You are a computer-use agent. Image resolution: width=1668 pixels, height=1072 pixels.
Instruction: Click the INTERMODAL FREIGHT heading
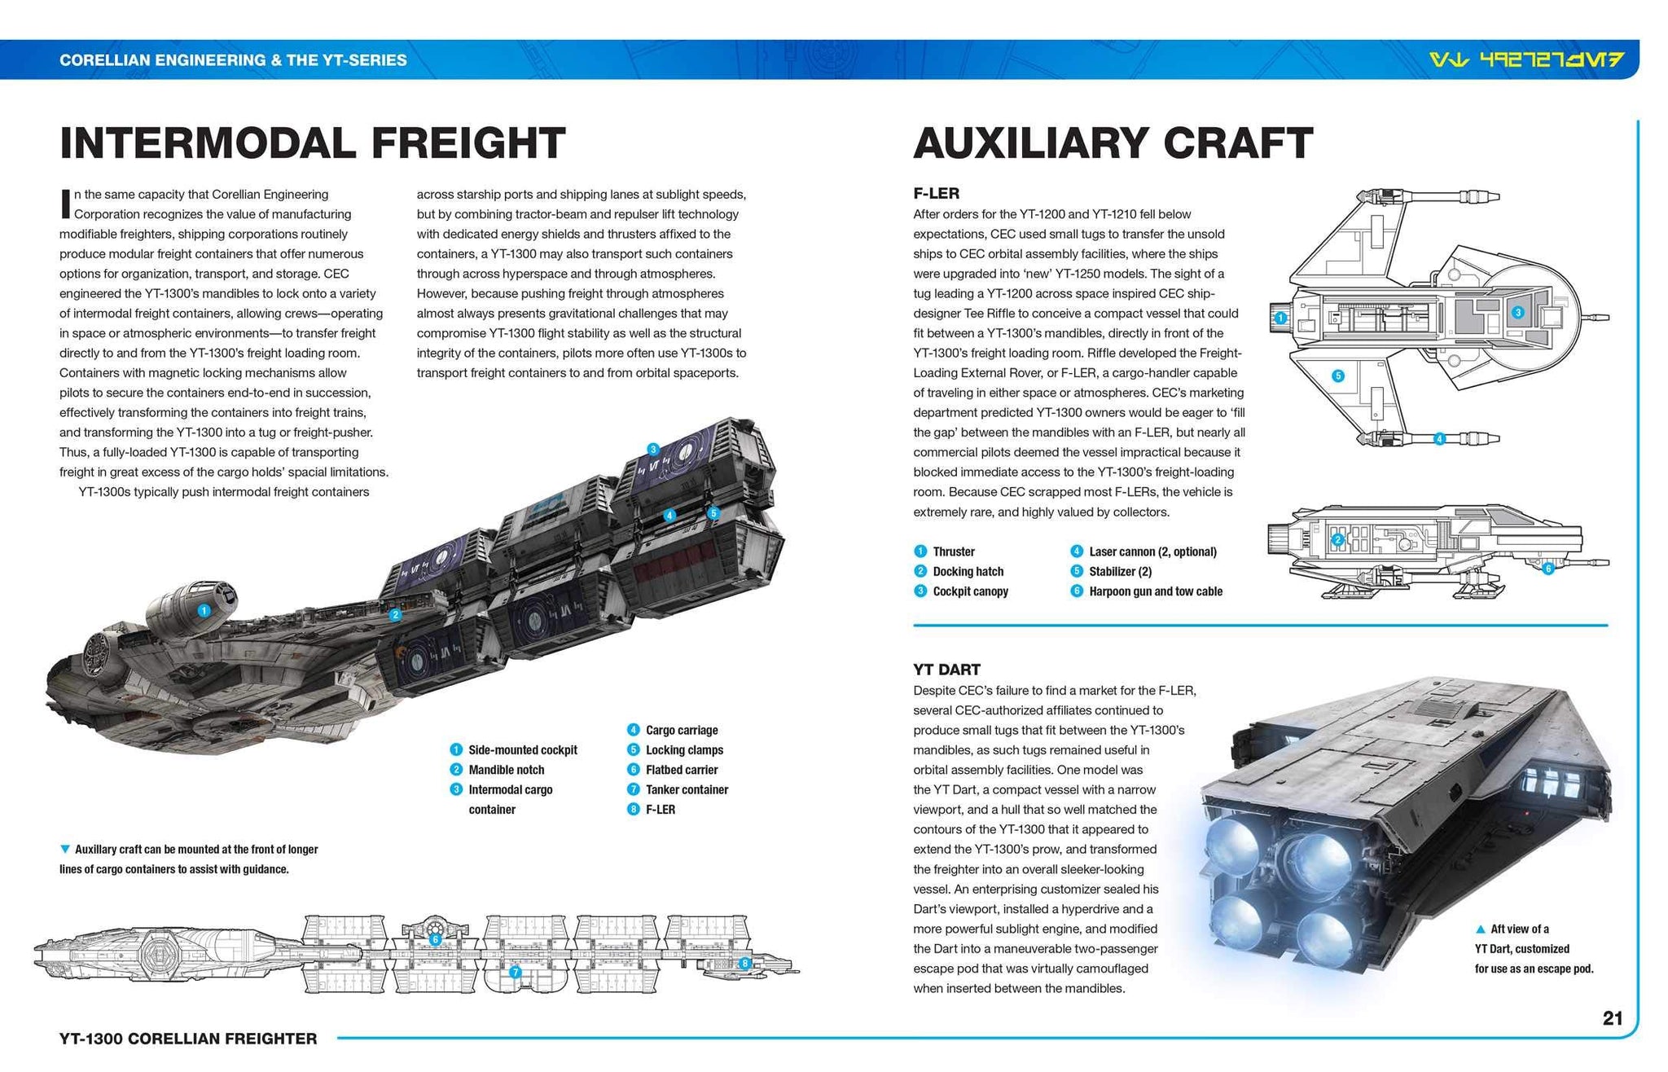[312, 143]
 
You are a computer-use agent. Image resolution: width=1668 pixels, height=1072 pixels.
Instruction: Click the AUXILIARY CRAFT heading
[1113, 143]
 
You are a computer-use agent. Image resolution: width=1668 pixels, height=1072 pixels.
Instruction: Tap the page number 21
[1613, 1018]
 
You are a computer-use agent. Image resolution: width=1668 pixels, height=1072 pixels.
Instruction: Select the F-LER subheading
[936, 194]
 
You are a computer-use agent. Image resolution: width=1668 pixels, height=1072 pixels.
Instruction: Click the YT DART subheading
[946, 670]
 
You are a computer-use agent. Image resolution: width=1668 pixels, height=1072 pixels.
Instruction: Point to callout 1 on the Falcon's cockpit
[204, 610]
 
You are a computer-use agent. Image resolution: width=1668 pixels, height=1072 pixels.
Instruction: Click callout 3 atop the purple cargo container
[652, 449]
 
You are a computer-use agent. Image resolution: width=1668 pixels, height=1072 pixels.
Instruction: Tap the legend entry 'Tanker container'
[686, 789]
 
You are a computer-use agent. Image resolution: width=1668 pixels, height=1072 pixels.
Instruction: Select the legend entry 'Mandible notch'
[505, 770]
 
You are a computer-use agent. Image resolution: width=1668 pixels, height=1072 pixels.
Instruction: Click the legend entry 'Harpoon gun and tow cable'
[1155, 591]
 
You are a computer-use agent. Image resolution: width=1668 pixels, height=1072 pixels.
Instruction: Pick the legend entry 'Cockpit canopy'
[969, 591]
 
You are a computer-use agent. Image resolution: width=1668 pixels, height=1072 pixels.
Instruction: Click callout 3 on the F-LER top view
[1517, 312]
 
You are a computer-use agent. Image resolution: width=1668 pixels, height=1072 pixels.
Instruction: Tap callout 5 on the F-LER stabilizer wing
[1337, 376]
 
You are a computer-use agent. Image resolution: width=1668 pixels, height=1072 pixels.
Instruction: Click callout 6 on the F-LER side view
[1548, 569]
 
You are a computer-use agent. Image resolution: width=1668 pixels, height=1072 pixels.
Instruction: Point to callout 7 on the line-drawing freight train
[515, 972]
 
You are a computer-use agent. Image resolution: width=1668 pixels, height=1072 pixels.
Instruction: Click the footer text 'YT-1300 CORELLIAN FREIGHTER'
[188, 1039]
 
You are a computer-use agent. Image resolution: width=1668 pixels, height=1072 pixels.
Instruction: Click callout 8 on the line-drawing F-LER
[744, 964]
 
